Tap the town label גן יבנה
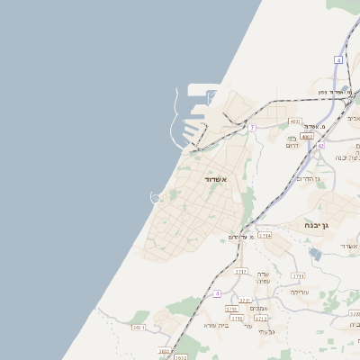point(337,225)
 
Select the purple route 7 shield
point(253,128)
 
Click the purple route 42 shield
point(320,145)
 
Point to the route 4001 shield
point(295,121)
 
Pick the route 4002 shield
point(306,137)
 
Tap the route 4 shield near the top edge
point(339,59)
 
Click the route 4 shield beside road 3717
point(217,293)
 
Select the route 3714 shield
point(265,235)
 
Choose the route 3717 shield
point(240,270)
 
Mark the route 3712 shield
point(261,318)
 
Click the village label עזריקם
point(300,292)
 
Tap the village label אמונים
point(259,308)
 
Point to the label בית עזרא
point(217,325)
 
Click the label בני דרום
point(292,141)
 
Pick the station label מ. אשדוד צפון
point(338,92)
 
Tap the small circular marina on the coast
point(155,197)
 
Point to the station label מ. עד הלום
point(238,237)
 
